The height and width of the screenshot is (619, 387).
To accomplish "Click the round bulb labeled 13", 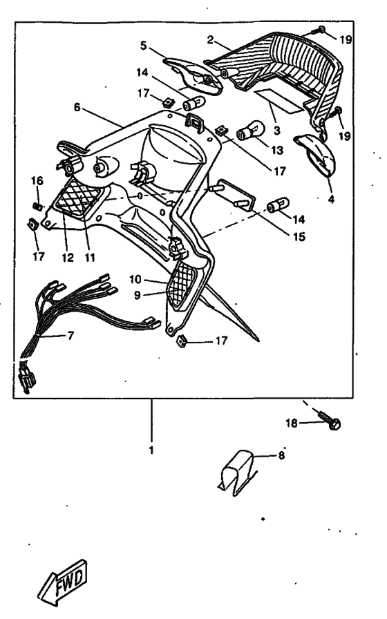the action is [x=251, y=131].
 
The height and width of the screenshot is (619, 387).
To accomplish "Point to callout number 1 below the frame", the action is [x=151, y=450].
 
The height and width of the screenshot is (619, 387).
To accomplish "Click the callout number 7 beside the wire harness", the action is [x=70, y=336].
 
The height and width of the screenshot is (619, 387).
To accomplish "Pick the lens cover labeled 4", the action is [x=315, y=156].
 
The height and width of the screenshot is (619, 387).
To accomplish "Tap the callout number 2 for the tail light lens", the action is [x=210, y=39].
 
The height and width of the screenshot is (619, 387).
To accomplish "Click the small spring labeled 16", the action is [x=37, y=206].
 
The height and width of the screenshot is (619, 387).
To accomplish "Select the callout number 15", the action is [x=299, y=236].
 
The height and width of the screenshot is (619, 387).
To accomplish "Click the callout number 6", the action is [x=77, y=107].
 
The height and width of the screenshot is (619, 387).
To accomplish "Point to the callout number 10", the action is [x=135, y=280].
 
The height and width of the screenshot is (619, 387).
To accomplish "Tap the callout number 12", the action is [x=68, y=258].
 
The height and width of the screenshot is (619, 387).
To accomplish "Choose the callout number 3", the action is [x=277, y=131].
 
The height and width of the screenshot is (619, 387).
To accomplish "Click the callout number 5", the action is [x=143, y=46].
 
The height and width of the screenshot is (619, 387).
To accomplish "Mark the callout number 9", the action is [x=137, y=295].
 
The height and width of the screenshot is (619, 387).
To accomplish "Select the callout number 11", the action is [x=90, y=258].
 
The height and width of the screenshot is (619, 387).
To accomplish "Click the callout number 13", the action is [x=277, y=150].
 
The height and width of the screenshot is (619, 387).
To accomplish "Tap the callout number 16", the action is [x=37, y=181].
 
